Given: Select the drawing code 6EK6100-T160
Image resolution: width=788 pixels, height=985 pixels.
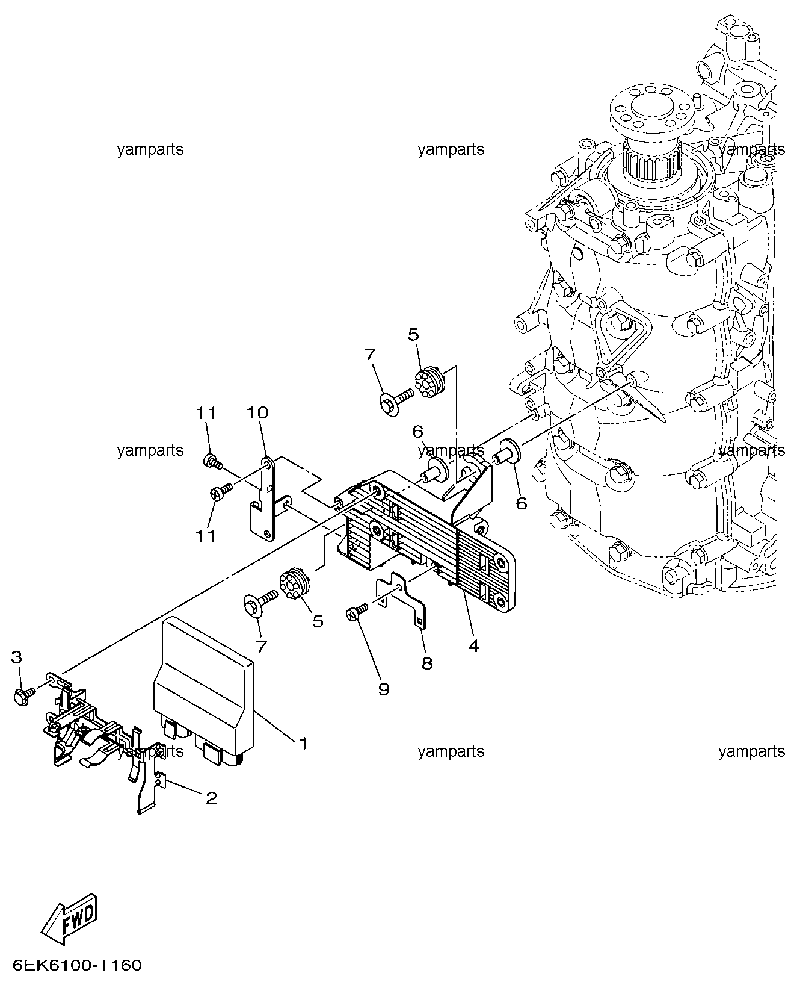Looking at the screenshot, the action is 77,966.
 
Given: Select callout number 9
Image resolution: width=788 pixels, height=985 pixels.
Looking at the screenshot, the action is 384,701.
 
